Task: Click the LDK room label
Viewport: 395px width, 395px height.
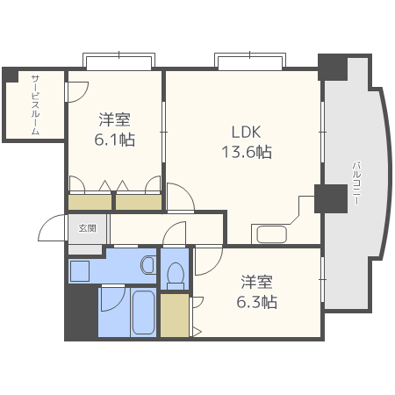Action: click(x=246, y=132)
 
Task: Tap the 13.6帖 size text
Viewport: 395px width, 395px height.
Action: click(x=246, y=151)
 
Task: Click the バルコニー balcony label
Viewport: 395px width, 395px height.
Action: click(x=356, y=183)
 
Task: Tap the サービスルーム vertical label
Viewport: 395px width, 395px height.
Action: click(x=35, y=104)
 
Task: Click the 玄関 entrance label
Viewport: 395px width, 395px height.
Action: click(x=88, y=228)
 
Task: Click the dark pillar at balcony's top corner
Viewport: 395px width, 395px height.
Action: click(x=333, y=66)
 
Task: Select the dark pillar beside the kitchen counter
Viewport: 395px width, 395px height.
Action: click(x=331, y=199)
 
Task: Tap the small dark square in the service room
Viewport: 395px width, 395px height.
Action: click(x=10, y=75)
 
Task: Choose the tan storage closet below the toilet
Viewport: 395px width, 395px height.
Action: click(x=174, y=316)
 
